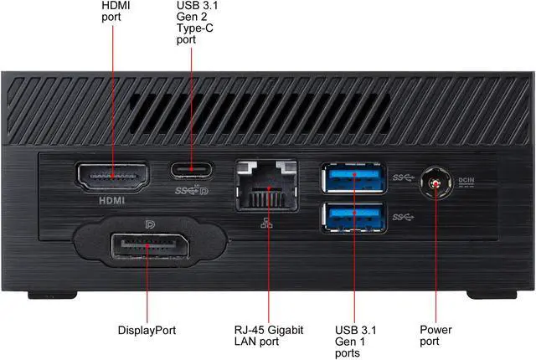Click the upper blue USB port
coord(353,177)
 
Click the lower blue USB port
coord(353,216)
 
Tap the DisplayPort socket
coord(147,249)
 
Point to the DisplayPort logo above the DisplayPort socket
coord(149,225)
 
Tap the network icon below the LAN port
coord(266,220)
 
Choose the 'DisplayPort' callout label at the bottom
coord(147,331)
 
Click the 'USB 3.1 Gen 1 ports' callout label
coord(354,342)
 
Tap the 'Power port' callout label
coord(435,336)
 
